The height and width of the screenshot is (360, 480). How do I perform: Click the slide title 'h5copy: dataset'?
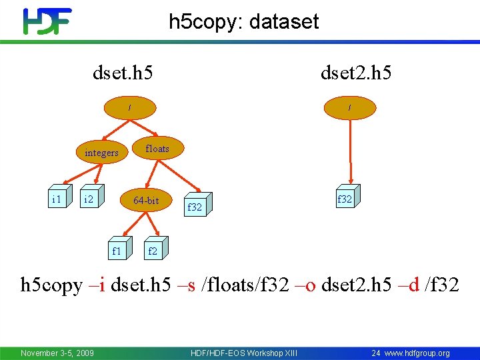243,21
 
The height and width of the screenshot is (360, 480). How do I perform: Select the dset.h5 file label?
123,72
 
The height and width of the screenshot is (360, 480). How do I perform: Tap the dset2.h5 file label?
356,72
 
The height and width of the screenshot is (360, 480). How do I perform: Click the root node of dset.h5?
131,107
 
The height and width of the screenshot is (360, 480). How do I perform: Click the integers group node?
101,153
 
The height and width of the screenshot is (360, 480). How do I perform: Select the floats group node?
157,149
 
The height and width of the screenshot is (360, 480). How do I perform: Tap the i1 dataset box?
57,199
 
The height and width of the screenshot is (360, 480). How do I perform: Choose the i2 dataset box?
88,199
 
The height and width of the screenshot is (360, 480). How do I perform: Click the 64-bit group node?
146,200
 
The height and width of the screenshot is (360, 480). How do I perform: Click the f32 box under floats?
195,207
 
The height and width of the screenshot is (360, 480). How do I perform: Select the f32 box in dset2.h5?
345,199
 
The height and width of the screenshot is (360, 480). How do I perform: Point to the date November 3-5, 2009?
57,353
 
